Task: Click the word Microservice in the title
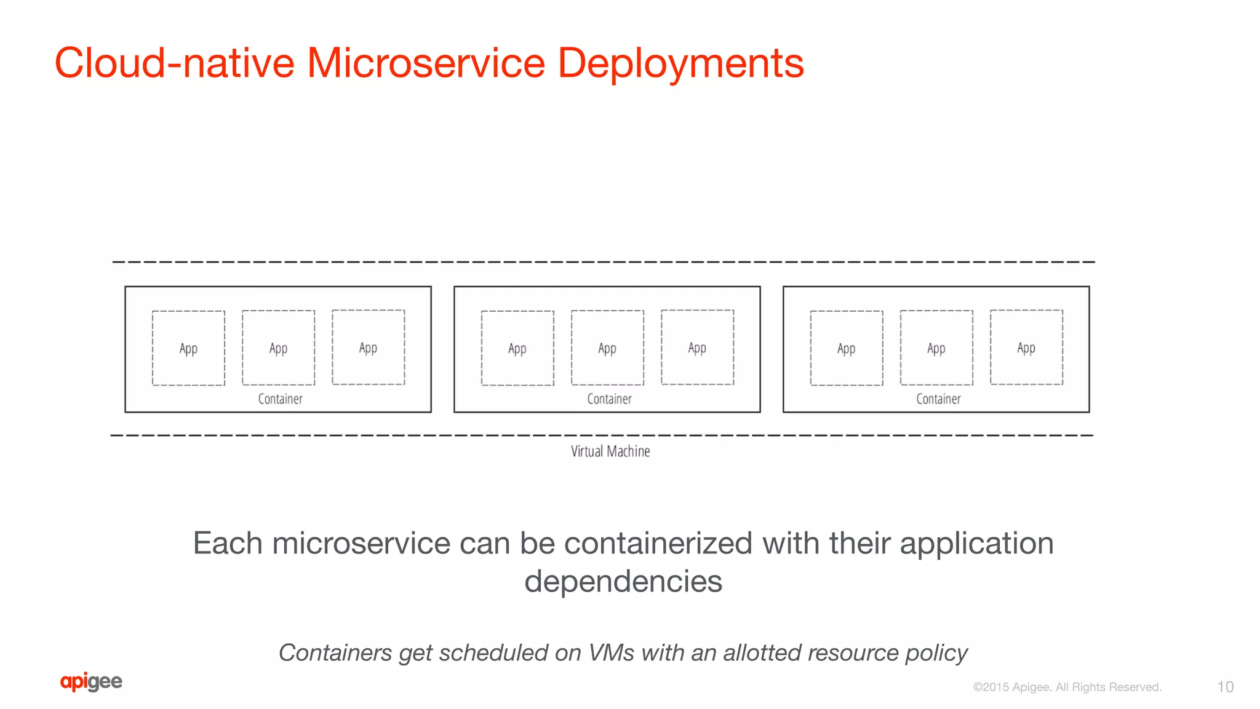[x=426, y=63]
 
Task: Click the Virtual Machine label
[x=610, y=451]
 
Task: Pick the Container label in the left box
[x=280, y=399]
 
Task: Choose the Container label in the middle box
[x=609, y=399]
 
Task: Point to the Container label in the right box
[x=938, y=399]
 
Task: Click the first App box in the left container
[x=188, y=348]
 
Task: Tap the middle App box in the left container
[x=278, y=348]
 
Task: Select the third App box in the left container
[x=368, y=347]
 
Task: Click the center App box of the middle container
[x=607, y=348]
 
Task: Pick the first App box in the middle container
[x=517, y=348]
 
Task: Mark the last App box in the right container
[x=1026, y=347]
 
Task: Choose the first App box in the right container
[x=846, y=348]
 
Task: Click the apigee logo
[x=91, y=682]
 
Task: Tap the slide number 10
[x=1225, y=687]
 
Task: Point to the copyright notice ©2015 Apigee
[x=1067, y=687]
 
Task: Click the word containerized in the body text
[x=658, y=544]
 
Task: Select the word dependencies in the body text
[x=623, y=581]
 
